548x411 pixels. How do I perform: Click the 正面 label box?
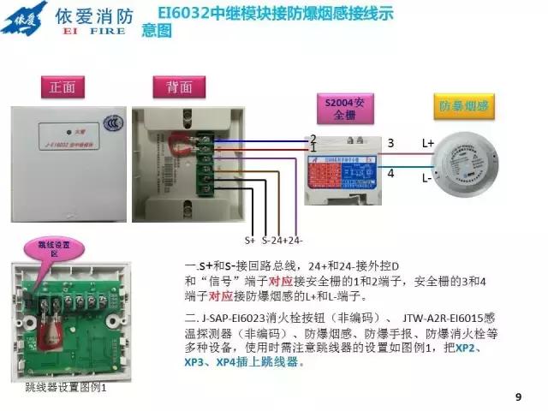(x=63, y=87)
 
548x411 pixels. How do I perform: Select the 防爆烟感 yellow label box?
(x=463, y=106)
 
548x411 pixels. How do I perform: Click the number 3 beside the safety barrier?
(x=390, y=142)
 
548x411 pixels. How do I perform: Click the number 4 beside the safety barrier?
(x=390, y=174)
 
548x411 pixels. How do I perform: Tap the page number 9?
(x=517, y=396)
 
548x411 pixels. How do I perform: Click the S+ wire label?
(x=251, y=241)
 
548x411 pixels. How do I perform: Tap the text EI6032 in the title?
(x=184, y=13)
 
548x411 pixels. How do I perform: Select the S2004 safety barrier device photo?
(x=342, y=167)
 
